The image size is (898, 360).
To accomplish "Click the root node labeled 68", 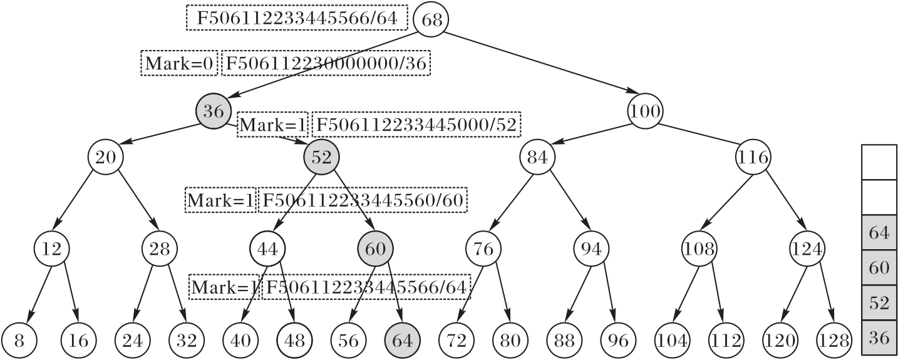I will coord(432,19).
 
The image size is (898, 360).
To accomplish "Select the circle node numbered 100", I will coord(645,112).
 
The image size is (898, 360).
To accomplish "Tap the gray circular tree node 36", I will coord(214,112).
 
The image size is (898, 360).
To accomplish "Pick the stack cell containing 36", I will coord(879,338).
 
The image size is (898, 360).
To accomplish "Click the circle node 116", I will coord(753,157).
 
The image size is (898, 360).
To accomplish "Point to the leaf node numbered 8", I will coord(19,341).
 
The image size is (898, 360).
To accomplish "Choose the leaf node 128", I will coord(833,341).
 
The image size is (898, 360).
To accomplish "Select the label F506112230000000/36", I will coord(326,63).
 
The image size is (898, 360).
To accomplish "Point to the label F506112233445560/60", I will coord(362,200).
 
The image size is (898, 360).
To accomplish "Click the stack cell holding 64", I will coord(879,233).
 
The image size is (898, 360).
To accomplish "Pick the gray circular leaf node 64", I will coord(403,341).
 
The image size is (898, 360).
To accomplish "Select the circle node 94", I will coord(591,249).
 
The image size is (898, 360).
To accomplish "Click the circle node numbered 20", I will coord(106,157).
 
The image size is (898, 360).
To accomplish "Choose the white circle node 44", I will coord(267,249).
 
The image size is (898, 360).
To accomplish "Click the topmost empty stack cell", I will coord(879,162).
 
